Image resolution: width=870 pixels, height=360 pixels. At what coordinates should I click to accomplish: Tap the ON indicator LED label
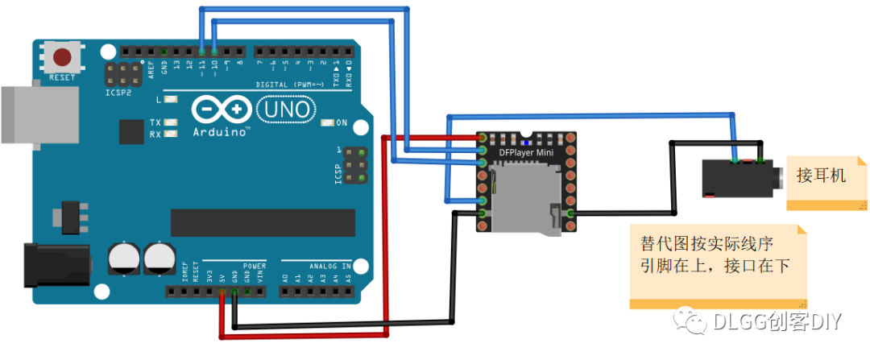pos(341,123)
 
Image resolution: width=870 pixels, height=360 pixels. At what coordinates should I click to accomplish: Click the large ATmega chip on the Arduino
pos(263,222)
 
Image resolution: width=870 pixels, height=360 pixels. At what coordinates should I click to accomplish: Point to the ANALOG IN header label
pos(330,265)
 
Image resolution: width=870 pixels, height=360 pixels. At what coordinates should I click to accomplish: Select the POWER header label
pos(254,265)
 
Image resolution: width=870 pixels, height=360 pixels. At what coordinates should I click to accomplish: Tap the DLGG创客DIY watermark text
pos(777,321)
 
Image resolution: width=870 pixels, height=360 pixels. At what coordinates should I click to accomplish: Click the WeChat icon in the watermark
pos(692,321)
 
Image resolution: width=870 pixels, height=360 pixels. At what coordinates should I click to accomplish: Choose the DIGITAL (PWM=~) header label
pos(289,84)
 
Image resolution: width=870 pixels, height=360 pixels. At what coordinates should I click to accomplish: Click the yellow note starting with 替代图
pos(717,265)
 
